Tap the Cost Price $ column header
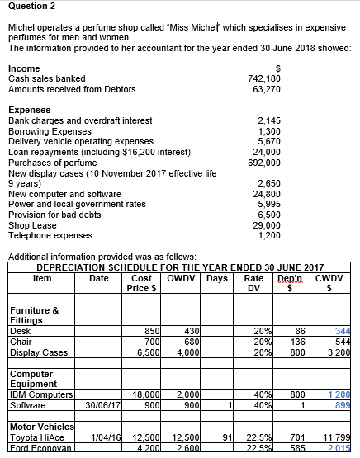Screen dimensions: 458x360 point(141,282)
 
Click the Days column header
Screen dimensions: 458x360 point(218,277)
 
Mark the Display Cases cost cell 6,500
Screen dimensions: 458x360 point(145,352)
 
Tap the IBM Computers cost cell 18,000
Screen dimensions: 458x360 point(145,395)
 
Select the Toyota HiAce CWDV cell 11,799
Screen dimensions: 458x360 point(337,438)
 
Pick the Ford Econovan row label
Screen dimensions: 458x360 point(36,448)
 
